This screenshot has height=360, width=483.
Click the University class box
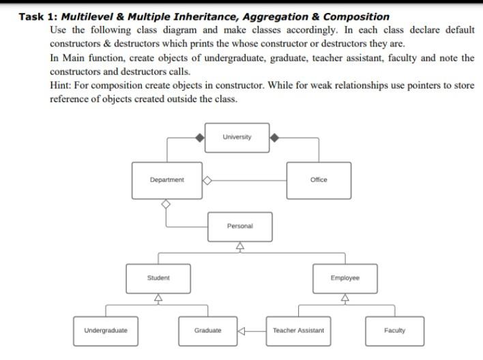coord(237,137)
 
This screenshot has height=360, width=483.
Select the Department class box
coord(167,180)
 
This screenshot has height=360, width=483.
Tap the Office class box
coord(319,180)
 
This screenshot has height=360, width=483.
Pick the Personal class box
coord(239,226)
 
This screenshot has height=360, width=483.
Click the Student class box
coord(158,278)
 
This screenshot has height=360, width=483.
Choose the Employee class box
coord(345,278)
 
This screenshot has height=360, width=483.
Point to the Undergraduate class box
coord(106,331)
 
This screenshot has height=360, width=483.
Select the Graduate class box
coord(208,331)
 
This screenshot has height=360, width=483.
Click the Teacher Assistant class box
coord(298,331)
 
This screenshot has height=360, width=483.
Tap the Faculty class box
coord(394,331)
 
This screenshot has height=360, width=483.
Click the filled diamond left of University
coord(199,138)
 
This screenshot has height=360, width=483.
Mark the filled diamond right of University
coord(274,138)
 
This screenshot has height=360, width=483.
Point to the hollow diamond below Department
coord(165,204)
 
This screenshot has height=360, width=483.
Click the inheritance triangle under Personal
coord(239,247)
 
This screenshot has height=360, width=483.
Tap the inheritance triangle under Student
coord(158,298)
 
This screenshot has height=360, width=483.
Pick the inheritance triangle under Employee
coord(345,298)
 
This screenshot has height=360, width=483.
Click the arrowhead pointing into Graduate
coord(241,331)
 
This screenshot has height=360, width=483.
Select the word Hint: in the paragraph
coord(61,86)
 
